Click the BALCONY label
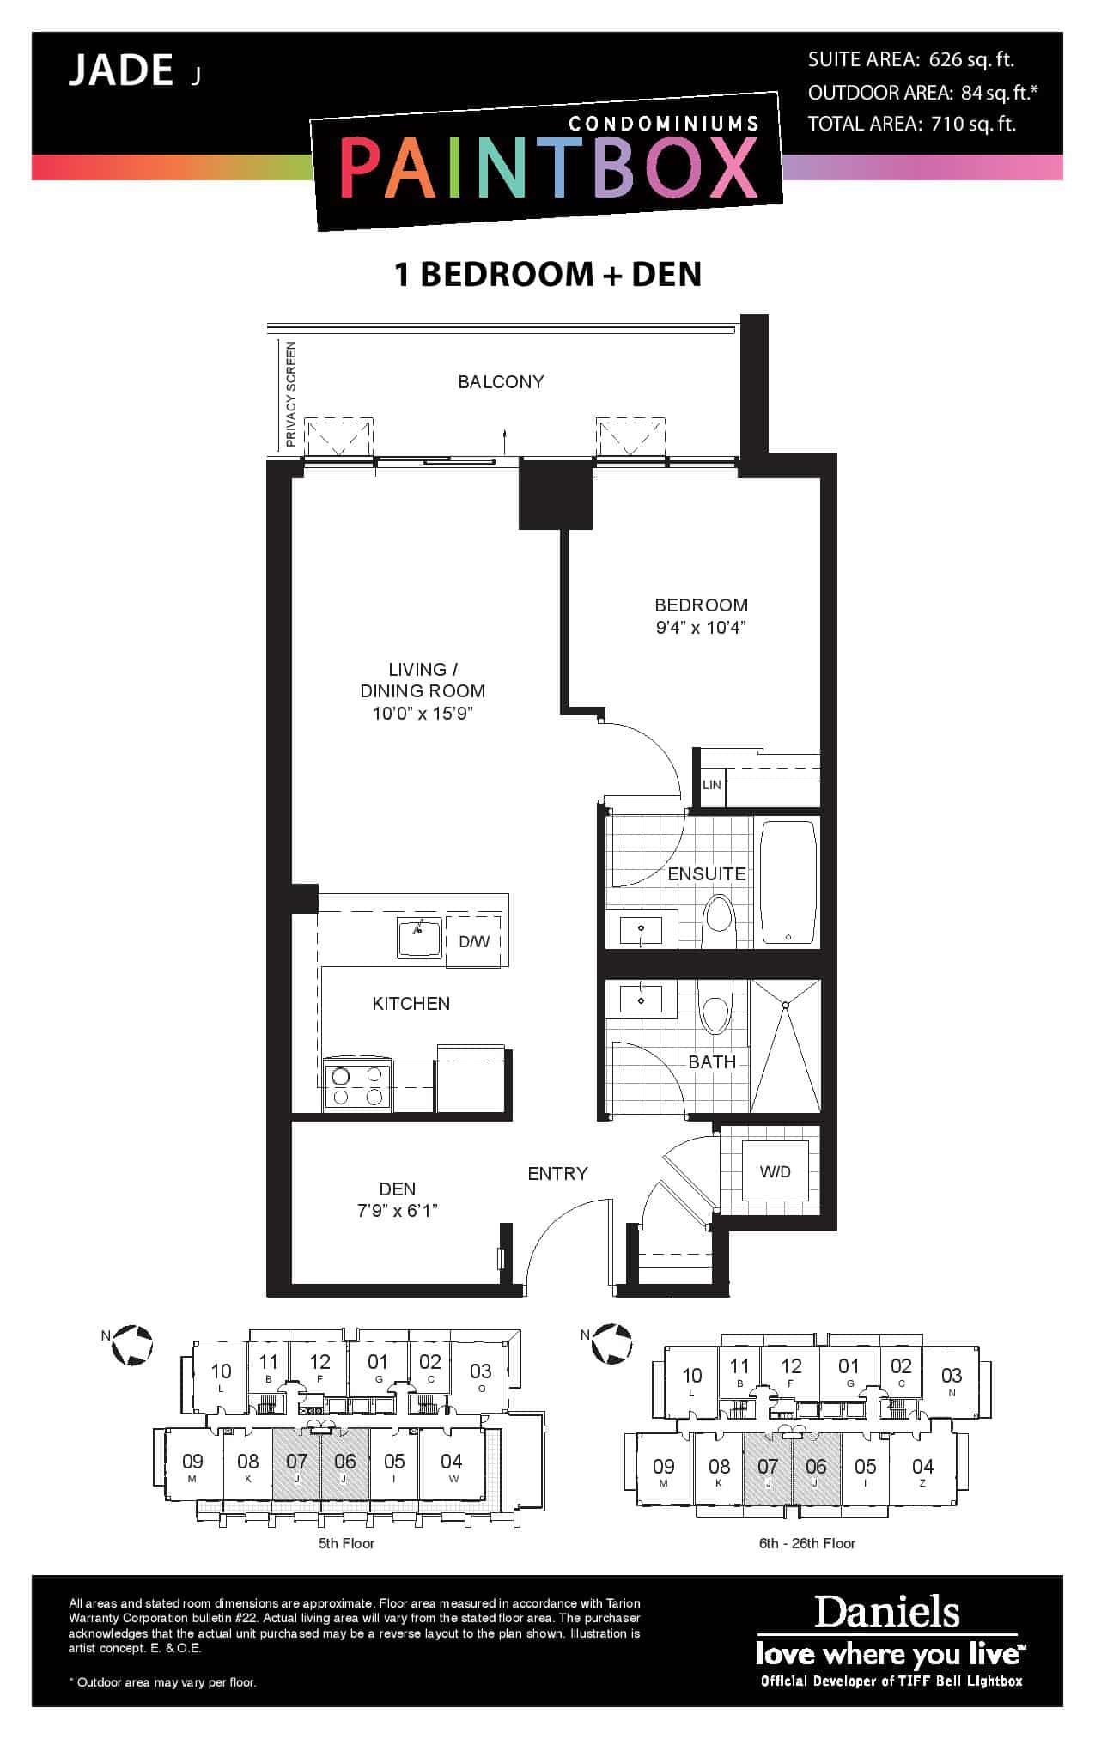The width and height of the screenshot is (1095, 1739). point(501,382)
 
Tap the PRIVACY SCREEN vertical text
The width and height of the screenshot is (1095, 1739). point(291,394)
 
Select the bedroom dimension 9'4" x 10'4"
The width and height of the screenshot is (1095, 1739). point(701,627)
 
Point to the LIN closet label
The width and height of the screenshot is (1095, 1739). point(712,785)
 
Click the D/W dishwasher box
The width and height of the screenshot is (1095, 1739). point(474,942)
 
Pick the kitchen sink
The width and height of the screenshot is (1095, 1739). point(419,937)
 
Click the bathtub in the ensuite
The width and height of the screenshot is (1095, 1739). point(788,882)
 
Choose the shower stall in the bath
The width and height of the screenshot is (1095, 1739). point(785,1047)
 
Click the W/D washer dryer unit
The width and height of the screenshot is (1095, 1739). point(776,1171)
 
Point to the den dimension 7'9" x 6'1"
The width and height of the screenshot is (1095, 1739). point(398,1211)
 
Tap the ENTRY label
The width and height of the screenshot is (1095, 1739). point(558,1173)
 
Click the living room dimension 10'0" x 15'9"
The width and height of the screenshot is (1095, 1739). point(423,714)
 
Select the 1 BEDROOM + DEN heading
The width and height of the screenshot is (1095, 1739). point(548,274)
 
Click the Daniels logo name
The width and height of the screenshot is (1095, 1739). point(887,1612)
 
